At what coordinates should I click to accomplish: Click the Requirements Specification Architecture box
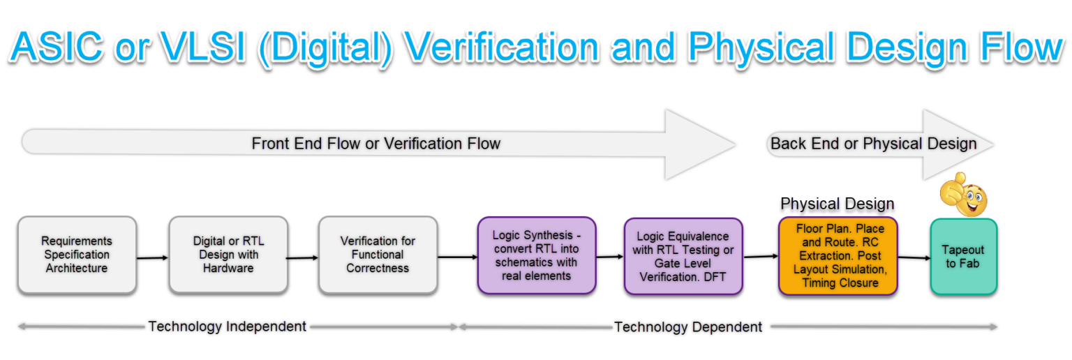click(x=77, y=255)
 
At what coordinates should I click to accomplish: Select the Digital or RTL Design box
click(x=228, y=255)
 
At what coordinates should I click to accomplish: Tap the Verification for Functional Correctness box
click(x=378, y=255)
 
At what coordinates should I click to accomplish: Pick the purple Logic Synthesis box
click(x=536, y=255)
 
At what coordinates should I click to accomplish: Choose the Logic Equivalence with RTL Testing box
click(x=683, y=256)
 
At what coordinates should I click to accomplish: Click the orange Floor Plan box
click(x=837, y=256)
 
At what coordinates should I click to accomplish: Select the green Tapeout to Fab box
click(x=963, y=256)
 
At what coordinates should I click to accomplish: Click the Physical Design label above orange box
click(x=837, y=204)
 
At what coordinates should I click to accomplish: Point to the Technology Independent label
click(x=227, y=326)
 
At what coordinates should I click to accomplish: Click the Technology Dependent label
click(x=687, y=327)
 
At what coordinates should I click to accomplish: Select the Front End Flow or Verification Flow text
click(x=375, y=144)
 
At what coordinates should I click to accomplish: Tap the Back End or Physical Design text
click(x=873, y=144)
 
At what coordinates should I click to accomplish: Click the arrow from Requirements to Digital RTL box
click(x=153, y=258)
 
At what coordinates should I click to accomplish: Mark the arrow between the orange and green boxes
click(x=914, y=257)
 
